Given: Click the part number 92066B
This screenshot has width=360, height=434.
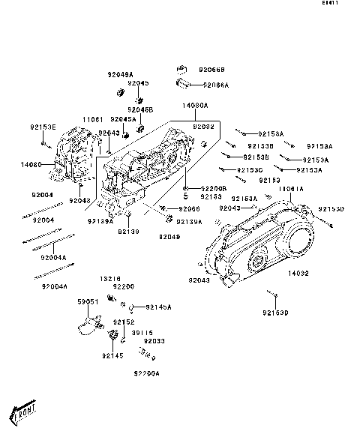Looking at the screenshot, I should click(214, 70).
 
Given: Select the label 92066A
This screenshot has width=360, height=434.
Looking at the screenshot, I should click(215, 85).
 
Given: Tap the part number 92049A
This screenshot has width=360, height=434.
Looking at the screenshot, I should click(120, 75).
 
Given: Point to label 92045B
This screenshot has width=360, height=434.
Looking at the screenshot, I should click(140, 109).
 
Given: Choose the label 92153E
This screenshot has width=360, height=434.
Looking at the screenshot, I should click(43, 127).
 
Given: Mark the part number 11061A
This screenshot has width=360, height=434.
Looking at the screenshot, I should click(291, 189).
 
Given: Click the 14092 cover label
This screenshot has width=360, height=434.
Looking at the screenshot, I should click(298, 274).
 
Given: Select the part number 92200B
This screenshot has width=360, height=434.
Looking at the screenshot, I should click(214, 188).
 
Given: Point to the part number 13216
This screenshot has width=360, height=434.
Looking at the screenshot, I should click(110, 277).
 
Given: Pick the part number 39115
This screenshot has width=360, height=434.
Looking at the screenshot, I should click(142, 332).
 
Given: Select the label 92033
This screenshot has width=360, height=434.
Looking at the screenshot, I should click(154, 341).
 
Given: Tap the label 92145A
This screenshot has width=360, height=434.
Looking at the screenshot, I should click(159, 307).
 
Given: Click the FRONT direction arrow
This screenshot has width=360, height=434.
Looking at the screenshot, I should click(24, 411).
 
